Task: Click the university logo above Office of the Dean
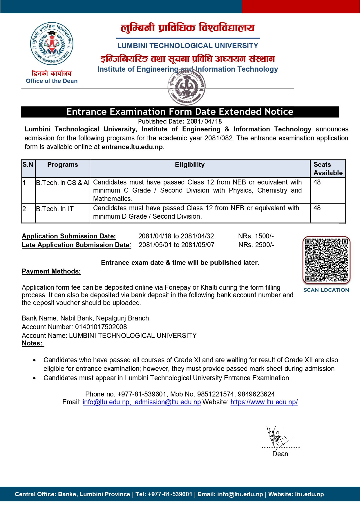[52, 44]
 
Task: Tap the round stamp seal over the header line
[186, 87]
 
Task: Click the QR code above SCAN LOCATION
[326, 260]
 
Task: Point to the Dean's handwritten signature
[277, 437]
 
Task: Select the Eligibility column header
[190, 165]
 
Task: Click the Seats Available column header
[328, 169]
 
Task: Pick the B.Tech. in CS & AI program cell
[63, 183]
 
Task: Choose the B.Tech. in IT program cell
[55, 209]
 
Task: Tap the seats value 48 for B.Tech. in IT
[317, 208]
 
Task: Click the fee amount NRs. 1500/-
[256, 236]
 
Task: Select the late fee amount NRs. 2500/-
[256, 245]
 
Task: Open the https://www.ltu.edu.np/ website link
[264, 402]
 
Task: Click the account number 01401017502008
[101, 327]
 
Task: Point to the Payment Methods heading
[51, 271]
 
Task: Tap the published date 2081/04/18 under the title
[204, 121]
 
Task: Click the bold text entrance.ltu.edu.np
[132, 147]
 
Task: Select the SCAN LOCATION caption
[326, 290]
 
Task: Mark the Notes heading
[32, 343]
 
